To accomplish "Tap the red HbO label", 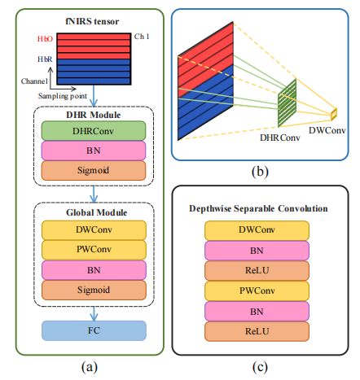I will click(x=46, y=38).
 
